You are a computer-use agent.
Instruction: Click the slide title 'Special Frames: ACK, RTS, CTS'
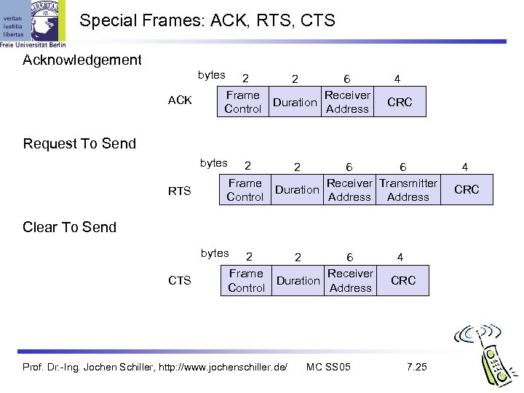tap(207, 21)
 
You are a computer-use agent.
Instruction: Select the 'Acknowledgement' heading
tap(82, 60)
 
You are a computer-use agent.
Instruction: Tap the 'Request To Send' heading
tap(79, 143)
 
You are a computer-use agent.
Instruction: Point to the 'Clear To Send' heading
tap(70, 227)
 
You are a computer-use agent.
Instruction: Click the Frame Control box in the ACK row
tap(243, 102)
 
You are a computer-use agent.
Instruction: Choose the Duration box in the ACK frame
tap(295, 103)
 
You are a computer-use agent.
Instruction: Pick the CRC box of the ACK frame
tap(400, 103)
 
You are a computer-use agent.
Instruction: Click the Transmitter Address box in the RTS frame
tap(408, 190)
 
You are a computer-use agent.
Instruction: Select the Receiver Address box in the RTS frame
tap(349, 190)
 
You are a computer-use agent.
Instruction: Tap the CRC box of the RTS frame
tap(467, 190)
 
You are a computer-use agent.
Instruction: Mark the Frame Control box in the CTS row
tap(246, 280)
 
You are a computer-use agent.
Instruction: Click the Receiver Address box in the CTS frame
tap(350, 280)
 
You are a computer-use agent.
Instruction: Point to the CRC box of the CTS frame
tap(403, 280)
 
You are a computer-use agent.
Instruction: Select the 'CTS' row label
tap(180, 281)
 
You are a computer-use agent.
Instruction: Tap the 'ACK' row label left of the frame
tap(180, 100)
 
